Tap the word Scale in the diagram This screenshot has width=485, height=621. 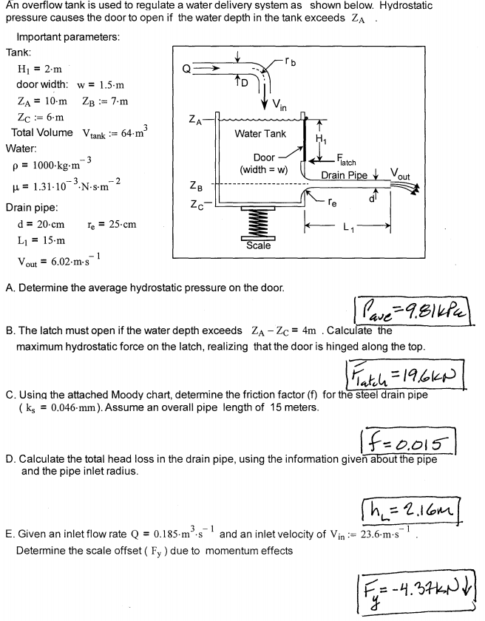click(x=258, y=245)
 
